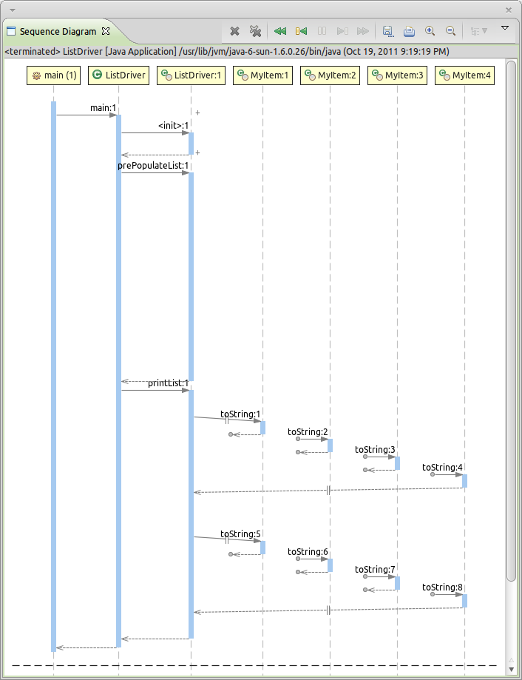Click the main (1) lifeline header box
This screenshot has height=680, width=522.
click(x=53, y=75)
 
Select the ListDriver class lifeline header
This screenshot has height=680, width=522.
click(x=118, y=75)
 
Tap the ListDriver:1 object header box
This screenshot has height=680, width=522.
click(x=191, y=75)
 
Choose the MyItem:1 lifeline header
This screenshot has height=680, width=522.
click(x=262, y=75)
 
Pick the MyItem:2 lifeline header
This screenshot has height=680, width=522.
click(x=330, y=75)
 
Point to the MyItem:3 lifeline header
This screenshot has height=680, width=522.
click(x=397, y=75)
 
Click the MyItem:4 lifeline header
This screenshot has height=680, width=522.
click(x=464, y=75)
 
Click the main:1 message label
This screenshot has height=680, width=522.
click(x=104, y=108)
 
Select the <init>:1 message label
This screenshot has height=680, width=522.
click(x=174, y=126)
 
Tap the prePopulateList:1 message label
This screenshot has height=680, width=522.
click(x=154, y=166)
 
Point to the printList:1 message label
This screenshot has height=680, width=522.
click(x=169, y=383)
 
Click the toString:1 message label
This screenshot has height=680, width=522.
click(x=240, y=414)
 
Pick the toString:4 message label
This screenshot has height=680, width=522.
click(x=442, y=468)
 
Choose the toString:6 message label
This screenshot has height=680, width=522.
click(x=308, y=552)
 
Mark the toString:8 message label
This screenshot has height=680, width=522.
click(x=442, y=588)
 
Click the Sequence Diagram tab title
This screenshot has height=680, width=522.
click(x=58, y=32)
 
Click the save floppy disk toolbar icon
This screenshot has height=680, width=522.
click(x=387, y=31)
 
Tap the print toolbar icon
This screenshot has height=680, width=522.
click(x=409, y=31)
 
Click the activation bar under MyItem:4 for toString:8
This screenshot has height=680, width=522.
click(x=464, y=601)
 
